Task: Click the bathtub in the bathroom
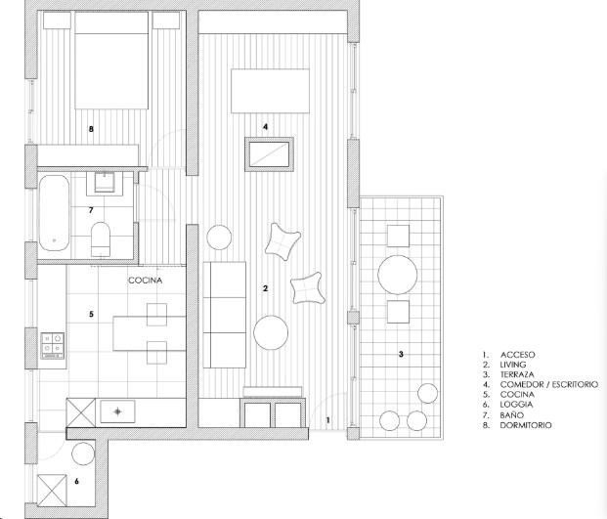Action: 54,213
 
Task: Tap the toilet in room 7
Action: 101,239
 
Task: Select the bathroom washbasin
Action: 105,183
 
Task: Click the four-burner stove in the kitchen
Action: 53,346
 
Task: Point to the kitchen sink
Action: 117,411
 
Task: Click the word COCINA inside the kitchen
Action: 146,281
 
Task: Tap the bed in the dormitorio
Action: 111,61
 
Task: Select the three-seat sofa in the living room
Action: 225,315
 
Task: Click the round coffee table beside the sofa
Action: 271,333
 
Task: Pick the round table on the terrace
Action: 398,275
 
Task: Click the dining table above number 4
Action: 270,91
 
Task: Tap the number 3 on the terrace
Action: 401,354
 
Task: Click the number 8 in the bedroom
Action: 91,129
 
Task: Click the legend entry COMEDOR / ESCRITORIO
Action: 549,384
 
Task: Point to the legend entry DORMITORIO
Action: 526,425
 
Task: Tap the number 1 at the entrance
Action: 327,419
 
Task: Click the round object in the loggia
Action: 83,454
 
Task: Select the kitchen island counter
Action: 150,333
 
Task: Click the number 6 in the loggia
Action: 76,481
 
